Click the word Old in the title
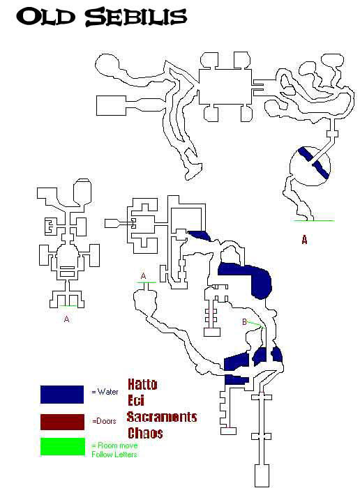click(45, 17)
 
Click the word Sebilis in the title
click(136, 17)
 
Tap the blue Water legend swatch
click(62, 395)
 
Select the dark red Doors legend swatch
click(62, 422)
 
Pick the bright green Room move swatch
click(62, 447)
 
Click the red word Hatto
click(142, 385)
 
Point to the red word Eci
click(136, 400)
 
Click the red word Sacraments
click(162, 417)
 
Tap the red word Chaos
click(145, 433)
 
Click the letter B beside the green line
click(244, 322)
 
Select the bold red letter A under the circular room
click(304, 240)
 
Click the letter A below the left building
click(66, 319)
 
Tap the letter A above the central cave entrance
click(143, 276)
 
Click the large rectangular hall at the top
click(225, 87)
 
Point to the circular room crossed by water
click(310, 166)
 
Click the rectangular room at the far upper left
click(111, 106)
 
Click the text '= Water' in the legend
click(105, 392)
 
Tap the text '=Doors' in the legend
click(105, 421)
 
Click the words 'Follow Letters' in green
click(114, 455)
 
